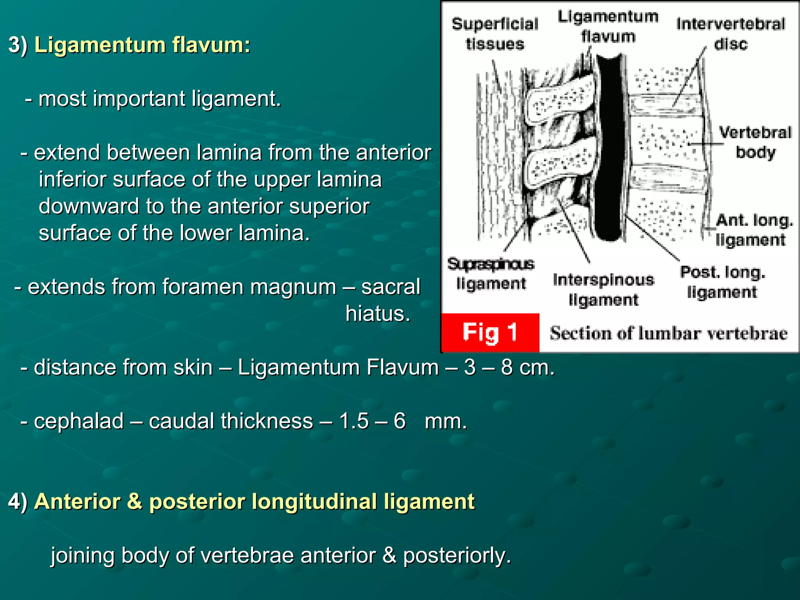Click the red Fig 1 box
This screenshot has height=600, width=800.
tap(490, 332)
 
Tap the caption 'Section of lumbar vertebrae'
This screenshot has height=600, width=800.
tap(668, 334)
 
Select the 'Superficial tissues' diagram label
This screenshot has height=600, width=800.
tap(495, 34)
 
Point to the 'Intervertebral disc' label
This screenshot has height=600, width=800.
tap(730, 34)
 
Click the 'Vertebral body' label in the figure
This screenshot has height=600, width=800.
tap(755, 142)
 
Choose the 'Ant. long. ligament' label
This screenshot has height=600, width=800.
tap(754, 230)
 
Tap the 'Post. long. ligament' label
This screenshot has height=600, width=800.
tap(722, 282)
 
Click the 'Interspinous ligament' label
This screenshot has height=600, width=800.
tap(604, 290)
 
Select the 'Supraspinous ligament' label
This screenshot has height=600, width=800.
tap(491, 274)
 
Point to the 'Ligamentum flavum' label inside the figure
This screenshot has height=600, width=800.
tap(608, 27)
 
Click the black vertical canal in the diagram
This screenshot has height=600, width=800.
tap(609, 148)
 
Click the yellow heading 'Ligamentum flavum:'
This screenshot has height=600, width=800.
tap(142, 45)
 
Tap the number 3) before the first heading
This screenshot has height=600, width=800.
tap(18, 45)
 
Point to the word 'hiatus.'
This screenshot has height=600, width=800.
tap(378, 314)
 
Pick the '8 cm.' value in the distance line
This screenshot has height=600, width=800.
tap(528, 368)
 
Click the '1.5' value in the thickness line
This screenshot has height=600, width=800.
tap(354, 421)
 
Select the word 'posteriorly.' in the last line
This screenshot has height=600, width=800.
tap(457, 555)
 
